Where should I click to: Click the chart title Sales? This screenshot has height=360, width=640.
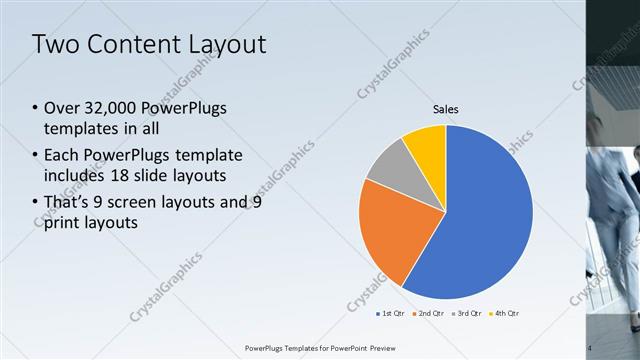[445, 109]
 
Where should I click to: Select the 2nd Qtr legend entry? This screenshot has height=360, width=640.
[431, 313]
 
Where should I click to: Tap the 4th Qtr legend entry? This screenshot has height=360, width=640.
[507, 313]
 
